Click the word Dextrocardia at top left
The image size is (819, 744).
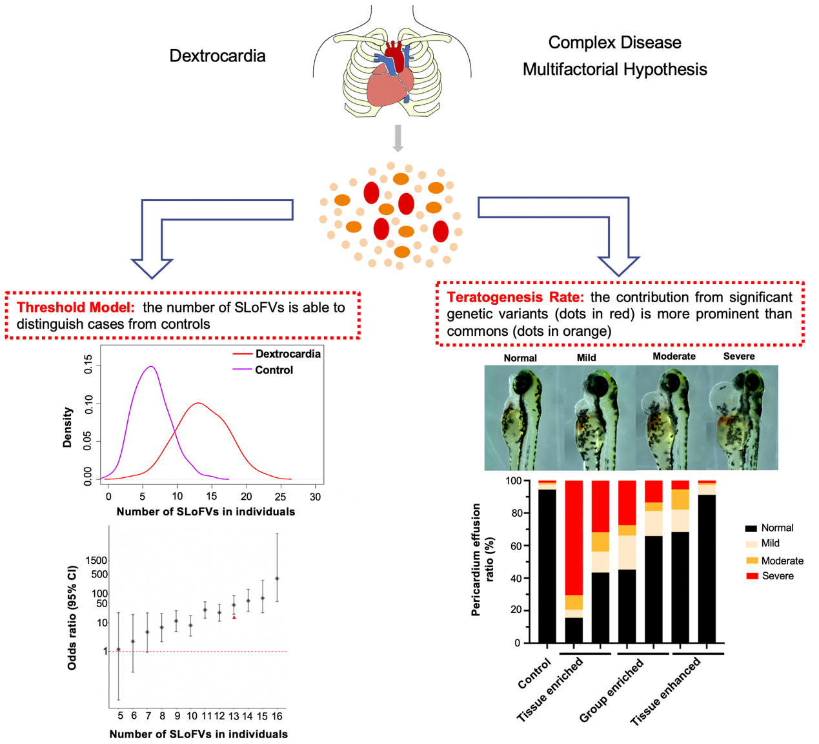coord(217,56)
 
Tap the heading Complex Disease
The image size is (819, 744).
coord(614,43)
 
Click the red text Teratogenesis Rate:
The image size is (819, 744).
coord(515,297)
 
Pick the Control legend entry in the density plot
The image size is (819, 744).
coord(274,370)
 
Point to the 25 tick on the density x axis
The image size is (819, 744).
coord(280,497)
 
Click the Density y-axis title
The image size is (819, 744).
coord(67,427)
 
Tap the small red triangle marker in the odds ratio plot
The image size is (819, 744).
coord(234,617)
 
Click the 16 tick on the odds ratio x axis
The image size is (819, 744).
coord(277,716)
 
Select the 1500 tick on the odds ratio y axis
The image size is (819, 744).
coord(96,561)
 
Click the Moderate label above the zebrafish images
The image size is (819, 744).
coord(674,356)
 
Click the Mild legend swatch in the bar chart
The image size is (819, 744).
coord(751,544)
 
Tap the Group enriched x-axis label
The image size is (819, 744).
coord(611,690)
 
